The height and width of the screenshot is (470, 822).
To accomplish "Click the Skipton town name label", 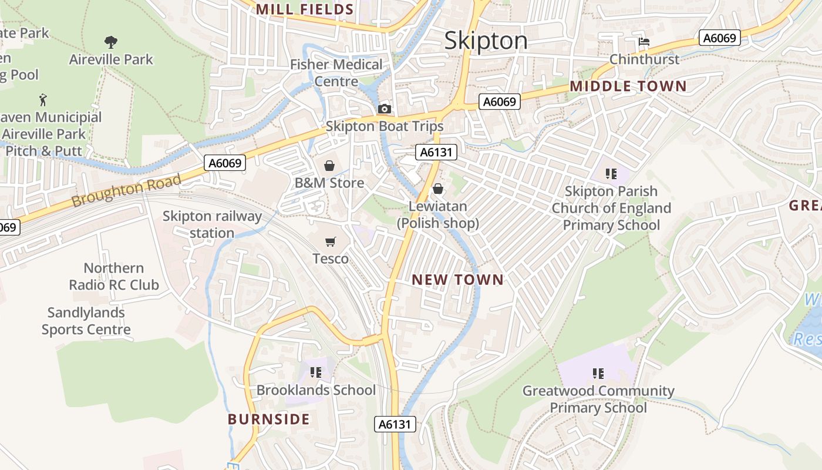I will click(x=486, y=41).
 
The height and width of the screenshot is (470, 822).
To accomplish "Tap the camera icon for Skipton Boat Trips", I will click(x=385, y=109).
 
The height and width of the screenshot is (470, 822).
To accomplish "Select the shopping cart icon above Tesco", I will click(x=331, y=241).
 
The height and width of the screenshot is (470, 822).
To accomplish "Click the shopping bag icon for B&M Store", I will click(x=329, y=166).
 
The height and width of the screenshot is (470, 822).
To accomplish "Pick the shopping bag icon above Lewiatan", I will click(x=438, y=189).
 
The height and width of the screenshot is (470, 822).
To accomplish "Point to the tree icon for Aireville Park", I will click(x=110, y=42).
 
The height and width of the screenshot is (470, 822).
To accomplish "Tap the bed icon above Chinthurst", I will click(x=644, y=42).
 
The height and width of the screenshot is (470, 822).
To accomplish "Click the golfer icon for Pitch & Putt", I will click(x=43, y=100).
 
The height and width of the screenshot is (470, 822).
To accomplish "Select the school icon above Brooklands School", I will click(x=316, y=372).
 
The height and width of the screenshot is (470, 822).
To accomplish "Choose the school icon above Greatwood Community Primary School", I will click(x=598, y=373).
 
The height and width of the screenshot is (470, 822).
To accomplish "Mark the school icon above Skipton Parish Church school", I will click(x=611, y=173).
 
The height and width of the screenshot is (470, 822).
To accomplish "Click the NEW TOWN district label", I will click(x=457, y=280).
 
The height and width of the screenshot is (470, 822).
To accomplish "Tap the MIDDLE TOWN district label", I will click(x=628, y=86).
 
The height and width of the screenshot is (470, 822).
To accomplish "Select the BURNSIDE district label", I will click(x=268, y=419).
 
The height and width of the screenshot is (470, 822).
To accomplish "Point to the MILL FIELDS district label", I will click(x=305, y=9).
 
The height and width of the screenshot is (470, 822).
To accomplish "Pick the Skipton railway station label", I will click(x=212, y=224).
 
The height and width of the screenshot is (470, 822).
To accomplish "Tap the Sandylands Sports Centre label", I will click(x=86, y=321).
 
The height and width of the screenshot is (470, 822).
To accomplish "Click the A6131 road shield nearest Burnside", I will click(x=395, y=424).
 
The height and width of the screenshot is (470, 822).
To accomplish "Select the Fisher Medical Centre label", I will click(x=336, y=73).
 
